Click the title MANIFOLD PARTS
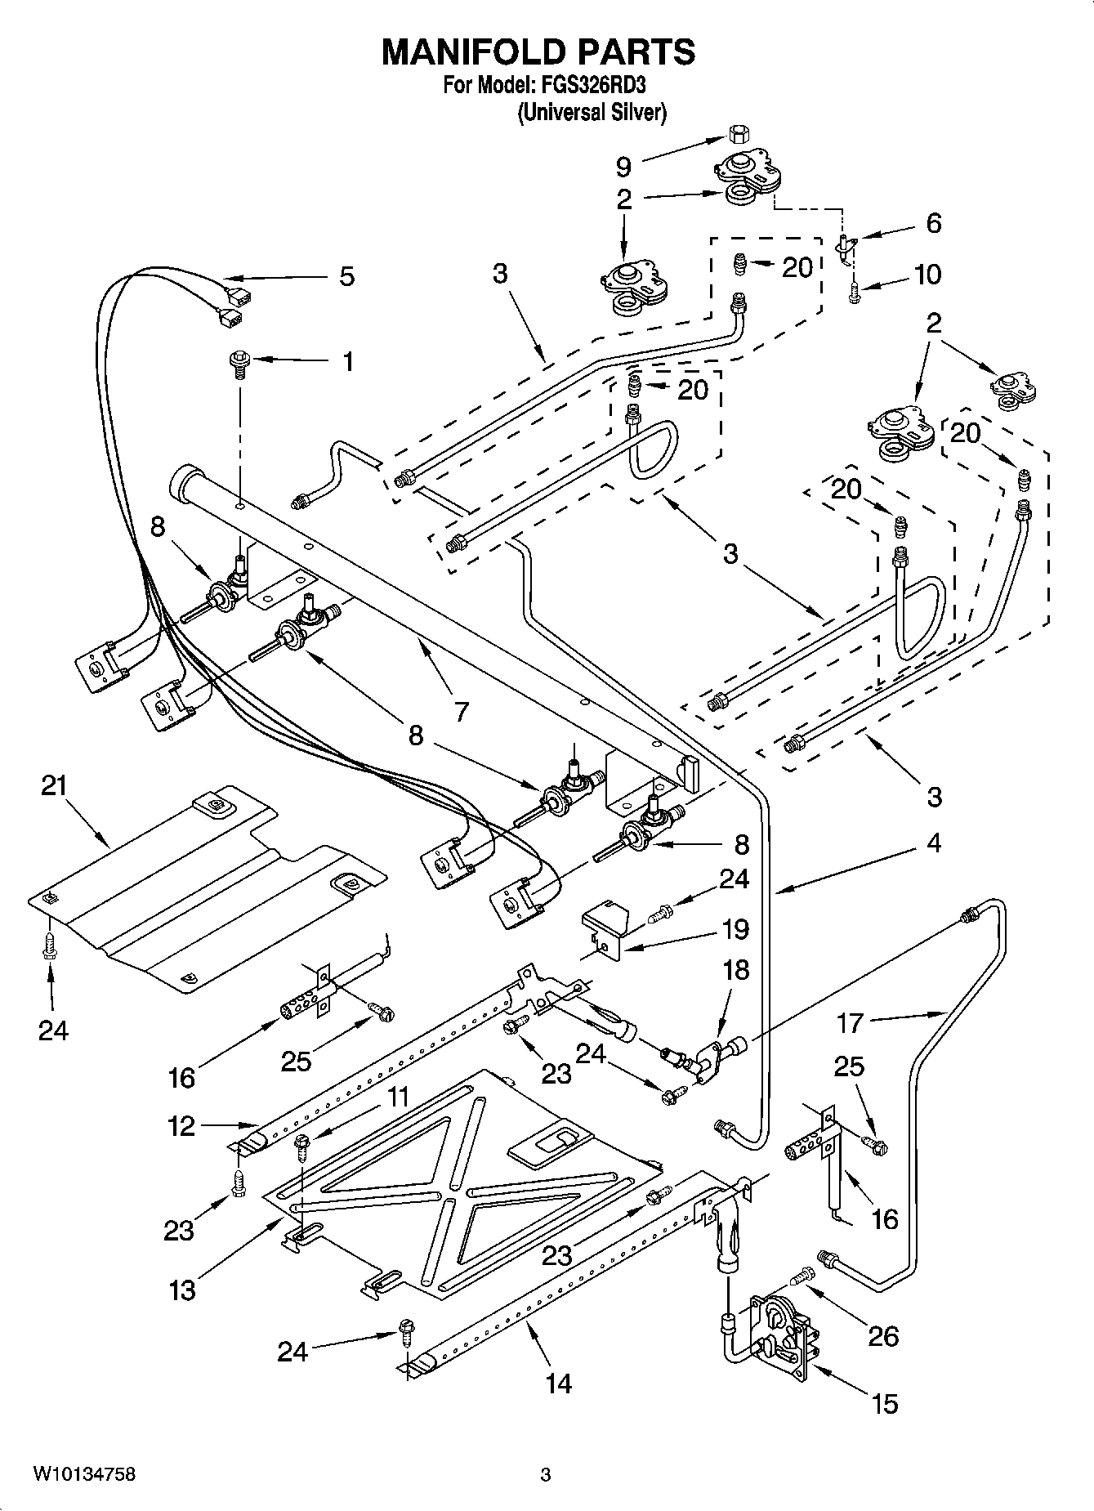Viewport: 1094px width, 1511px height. coord(538,51)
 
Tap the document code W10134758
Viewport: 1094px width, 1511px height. coord(85,1474)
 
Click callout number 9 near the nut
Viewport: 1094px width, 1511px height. coord(623,167)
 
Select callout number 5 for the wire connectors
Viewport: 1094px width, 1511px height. coord(347,276)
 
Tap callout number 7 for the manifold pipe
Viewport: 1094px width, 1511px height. coord(462,712)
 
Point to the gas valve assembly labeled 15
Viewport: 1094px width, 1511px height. coord(782,1330)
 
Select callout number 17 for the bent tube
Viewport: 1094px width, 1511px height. coord(850,1022)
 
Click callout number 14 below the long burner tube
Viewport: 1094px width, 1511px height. coord(560,1383)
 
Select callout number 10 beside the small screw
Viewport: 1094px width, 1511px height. coord(927,275)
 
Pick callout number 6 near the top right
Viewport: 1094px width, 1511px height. coord(933,223)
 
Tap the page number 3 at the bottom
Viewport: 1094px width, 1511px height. coord(546,1475)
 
